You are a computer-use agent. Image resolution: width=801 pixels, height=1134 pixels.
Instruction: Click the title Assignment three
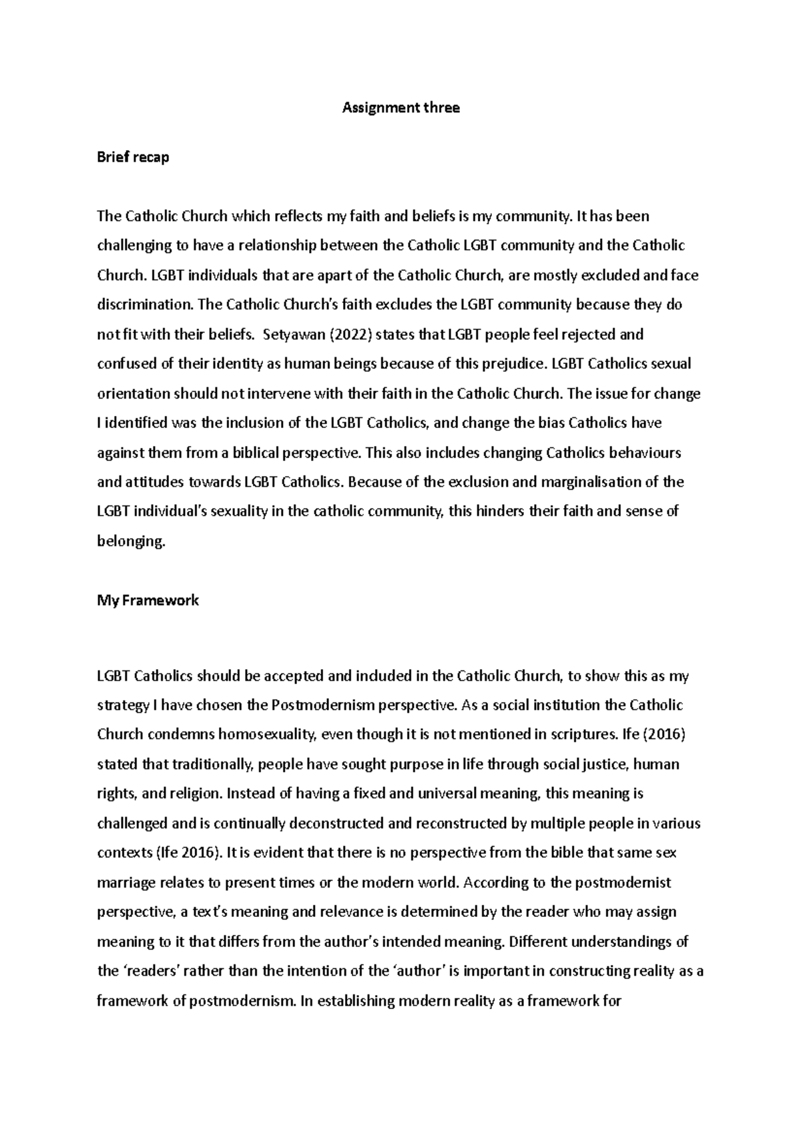pos(400,108)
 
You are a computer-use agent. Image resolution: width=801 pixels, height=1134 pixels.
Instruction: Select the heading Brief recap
pos(133,158)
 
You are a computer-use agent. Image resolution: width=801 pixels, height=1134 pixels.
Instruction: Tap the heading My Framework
pos(148,600)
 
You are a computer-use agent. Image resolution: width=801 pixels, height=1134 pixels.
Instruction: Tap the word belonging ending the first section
pos(129,542)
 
